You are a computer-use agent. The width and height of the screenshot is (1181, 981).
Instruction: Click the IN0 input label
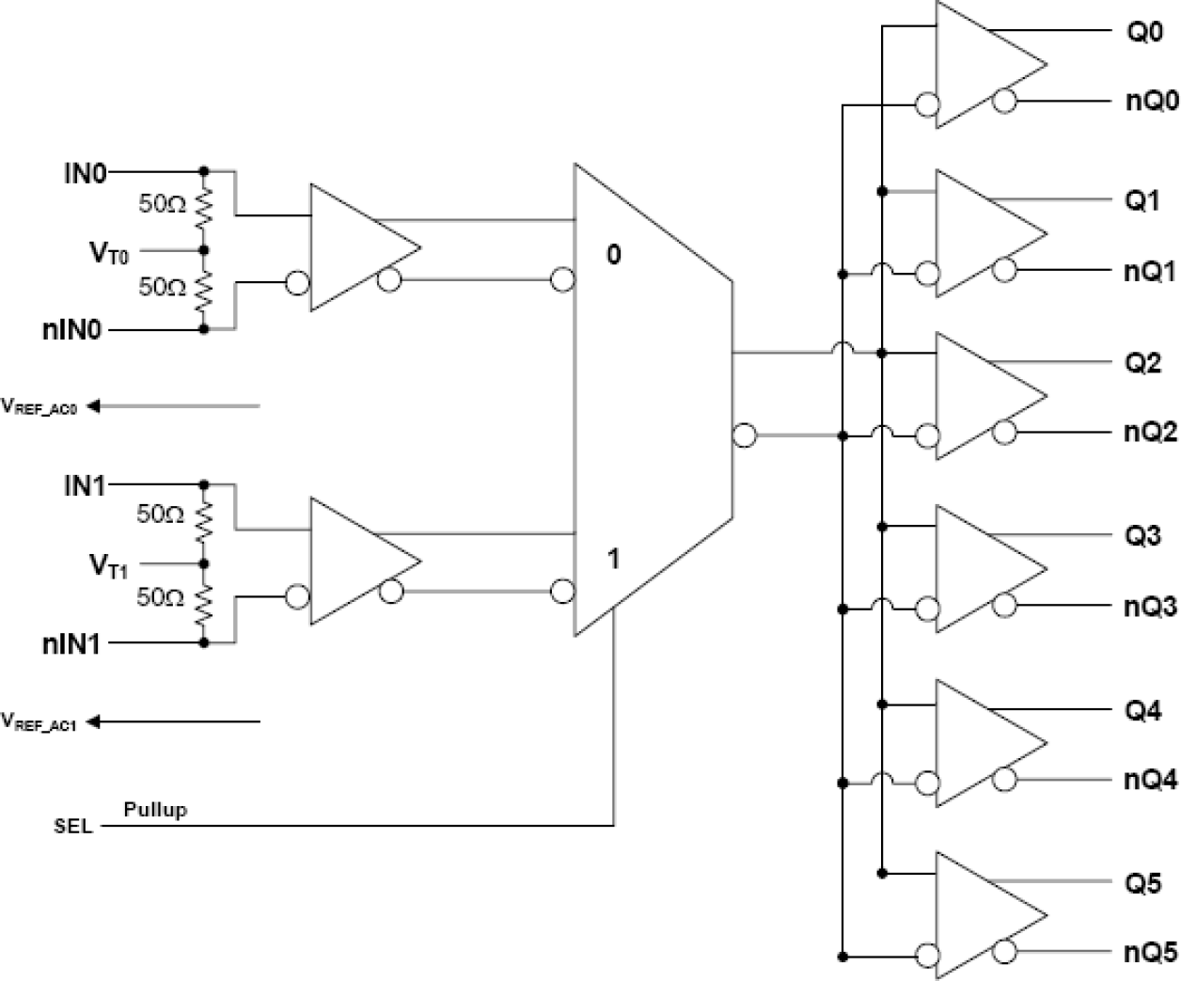tap(85, 173)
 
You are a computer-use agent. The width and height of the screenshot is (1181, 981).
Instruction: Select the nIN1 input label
tap(71, 644)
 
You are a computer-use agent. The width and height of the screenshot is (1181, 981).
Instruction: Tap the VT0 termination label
tap(109, 252)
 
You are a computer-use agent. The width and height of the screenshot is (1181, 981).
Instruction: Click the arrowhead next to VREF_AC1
tap(93, 722)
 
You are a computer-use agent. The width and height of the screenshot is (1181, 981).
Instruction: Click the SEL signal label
tap(73, 827)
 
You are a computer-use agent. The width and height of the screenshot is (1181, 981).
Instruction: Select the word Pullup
tap(155, 809)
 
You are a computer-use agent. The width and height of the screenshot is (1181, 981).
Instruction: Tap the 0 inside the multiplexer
tap(613, 255)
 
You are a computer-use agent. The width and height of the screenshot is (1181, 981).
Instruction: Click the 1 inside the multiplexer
tap(613, 560)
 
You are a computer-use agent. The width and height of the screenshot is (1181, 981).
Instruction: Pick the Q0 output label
tap(1144, 32)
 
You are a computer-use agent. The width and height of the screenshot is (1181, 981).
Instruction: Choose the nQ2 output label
tap(1150, 433)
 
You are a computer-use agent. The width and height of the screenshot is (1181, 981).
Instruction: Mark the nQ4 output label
tap(1150, 780)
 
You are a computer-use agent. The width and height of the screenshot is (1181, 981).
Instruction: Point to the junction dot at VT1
tap(204, 564)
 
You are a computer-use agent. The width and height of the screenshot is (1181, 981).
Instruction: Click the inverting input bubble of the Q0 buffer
tap(926, 103)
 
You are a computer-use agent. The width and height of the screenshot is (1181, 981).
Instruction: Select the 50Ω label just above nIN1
tap(161, 598)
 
